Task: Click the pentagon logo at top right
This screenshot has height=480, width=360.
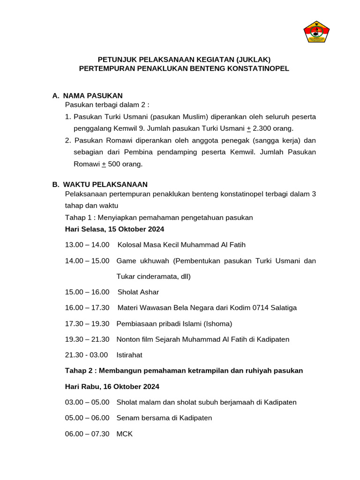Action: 317,32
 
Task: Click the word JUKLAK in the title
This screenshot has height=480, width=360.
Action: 253,60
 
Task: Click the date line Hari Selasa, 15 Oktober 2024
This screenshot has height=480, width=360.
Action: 114,229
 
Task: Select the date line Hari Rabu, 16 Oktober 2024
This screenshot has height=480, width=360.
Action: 112,387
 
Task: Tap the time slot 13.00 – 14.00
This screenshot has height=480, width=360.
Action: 87,245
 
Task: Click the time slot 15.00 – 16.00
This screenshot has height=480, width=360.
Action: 87,292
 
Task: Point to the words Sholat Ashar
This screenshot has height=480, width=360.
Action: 138,292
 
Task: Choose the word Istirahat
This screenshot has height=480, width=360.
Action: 129,355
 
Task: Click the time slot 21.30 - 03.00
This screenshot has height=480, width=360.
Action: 86,355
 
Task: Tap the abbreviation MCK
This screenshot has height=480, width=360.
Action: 125,434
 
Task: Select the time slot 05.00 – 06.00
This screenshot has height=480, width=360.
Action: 87,418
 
